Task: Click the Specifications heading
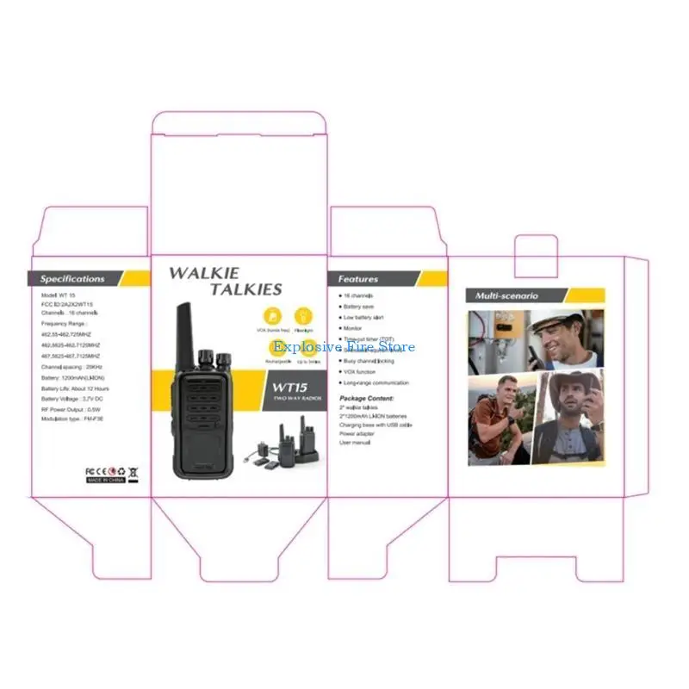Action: coord(72,279)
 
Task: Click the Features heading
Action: coord(358,279)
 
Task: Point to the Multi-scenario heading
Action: coord(507,295)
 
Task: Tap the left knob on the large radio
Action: coord(208,356)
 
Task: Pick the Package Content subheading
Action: coord(367,399)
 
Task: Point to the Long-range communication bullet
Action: coord(376,382)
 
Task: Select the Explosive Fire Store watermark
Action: coord(344,347)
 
